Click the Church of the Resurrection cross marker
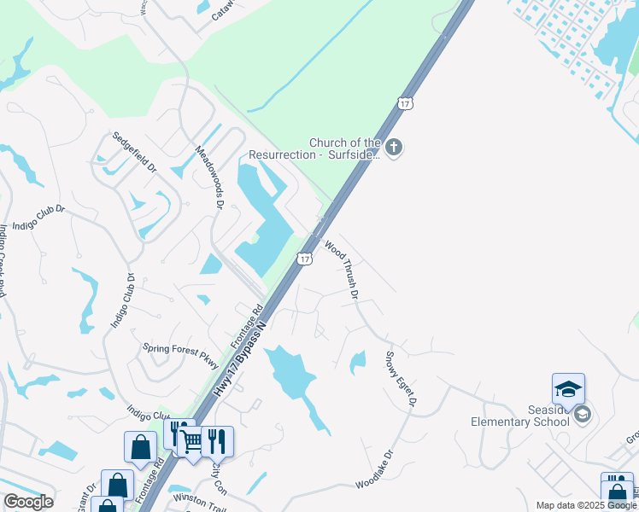[x=393, y=148]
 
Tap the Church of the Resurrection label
[x=314, y=148]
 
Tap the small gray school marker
[x=583, y=415]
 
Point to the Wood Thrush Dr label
[x=341, y=269]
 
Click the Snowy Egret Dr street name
[x=401, y=377]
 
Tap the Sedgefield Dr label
[x=135, y=152]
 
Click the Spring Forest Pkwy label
[x=182, y=351]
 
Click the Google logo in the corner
[x=28, y=502]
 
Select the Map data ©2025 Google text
[x=586, y=505]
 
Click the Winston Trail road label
[x=198, y=497]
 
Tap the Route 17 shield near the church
[x=405, y=103]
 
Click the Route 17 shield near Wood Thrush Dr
[x=305, y=257]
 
